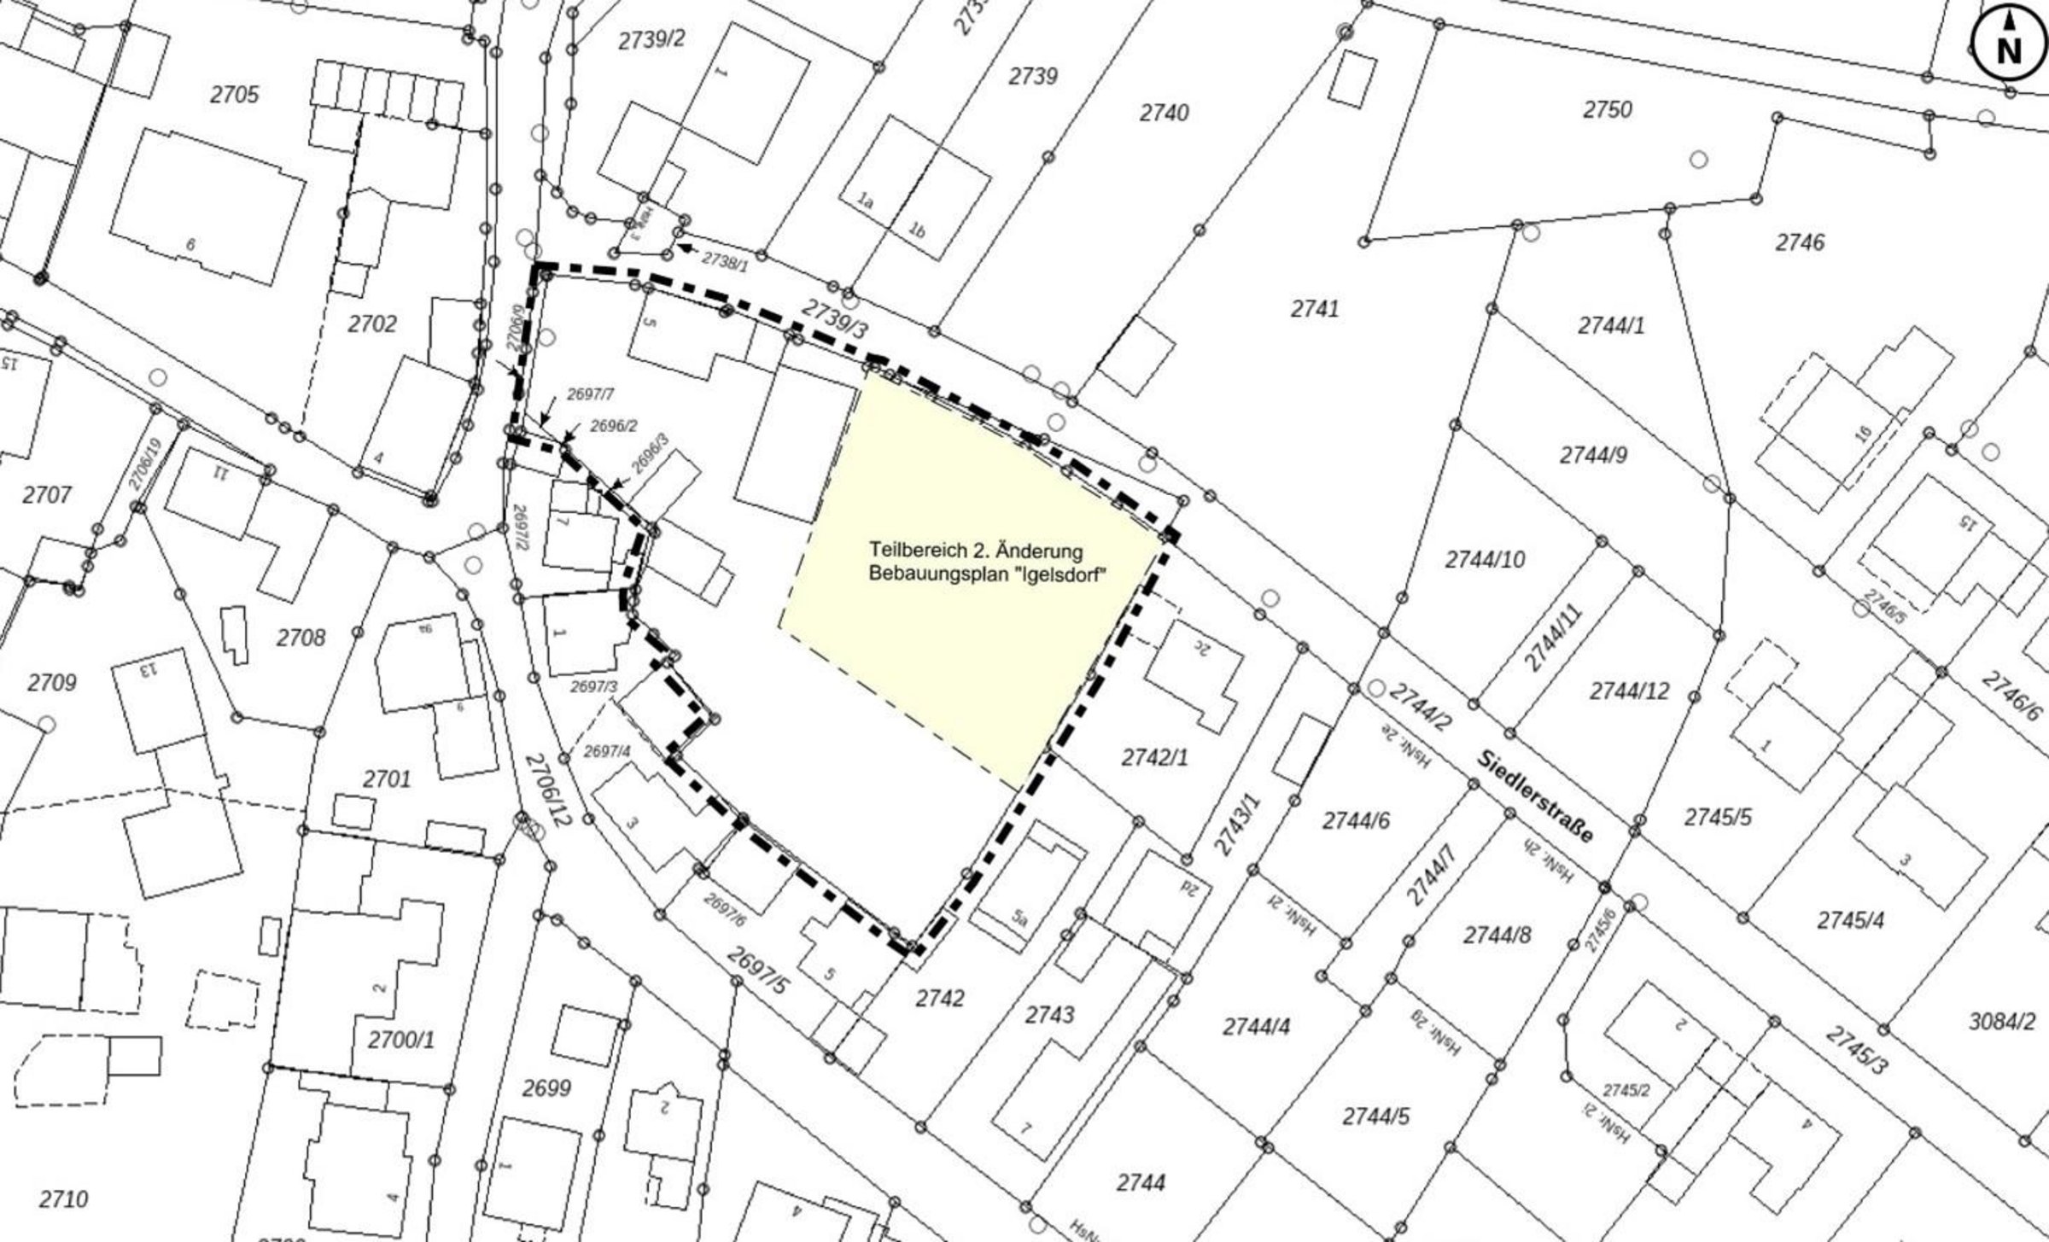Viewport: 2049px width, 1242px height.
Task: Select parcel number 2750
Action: tap(1608, 110)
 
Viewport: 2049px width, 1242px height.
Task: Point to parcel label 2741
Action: tap(1315, 309)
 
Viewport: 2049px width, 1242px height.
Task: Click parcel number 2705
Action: tap(234, 95)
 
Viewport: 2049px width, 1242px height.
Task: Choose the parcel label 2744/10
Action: tap(1485, 560)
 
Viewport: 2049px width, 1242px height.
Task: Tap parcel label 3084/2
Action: tap(2001, 1022)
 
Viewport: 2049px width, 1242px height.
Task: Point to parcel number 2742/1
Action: tap(1154, 757)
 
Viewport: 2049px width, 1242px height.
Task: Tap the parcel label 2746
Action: tap(1800, 243)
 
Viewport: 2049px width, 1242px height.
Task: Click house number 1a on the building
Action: tap(866, 202)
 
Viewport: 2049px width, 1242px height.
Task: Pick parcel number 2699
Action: tap(546, 1089)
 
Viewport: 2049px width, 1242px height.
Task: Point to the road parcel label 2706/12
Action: tap(547, 790)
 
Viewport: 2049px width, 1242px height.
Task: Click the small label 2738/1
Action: tap(724, 262)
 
